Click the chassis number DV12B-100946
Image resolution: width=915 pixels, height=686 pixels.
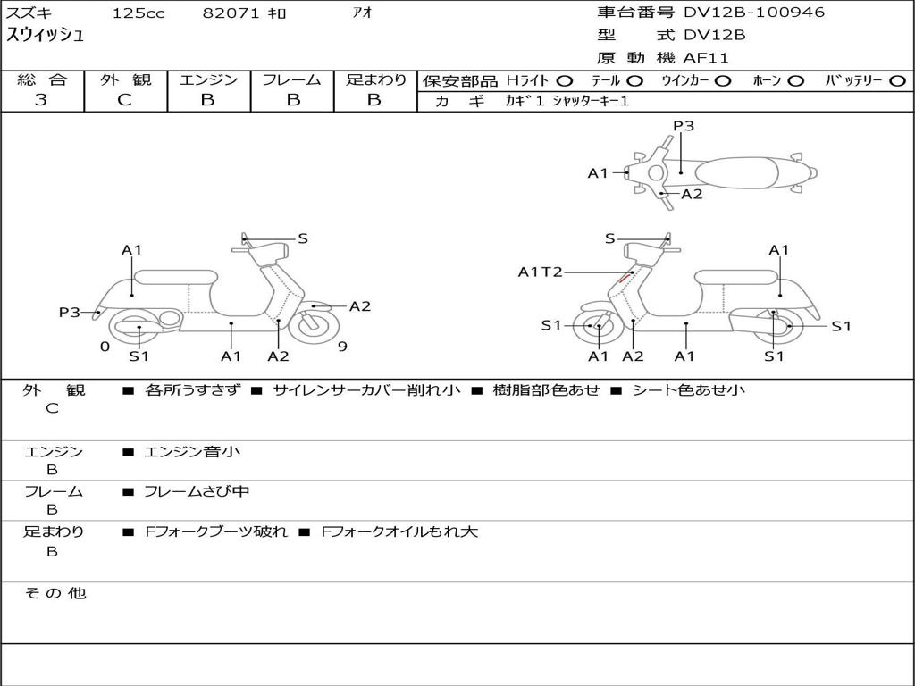coord(754,12)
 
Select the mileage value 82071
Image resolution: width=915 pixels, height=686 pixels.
coord(231,13)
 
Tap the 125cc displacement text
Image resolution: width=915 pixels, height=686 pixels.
coord(139,13)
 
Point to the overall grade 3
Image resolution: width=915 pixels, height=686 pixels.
coord(41,100)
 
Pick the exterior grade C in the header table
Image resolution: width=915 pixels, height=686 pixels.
coord(124,100)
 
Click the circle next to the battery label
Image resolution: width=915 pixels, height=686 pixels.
coord(897,81)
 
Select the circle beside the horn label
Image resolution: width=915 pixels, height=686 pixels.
coord(795,81)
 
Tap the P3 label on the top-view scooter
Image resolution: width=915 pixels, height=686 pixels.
coord(684,125)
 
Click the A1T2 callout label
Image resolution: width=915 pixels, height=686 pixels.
coord(541,272)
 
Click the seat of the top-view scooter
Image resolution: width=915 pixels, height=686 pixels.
coord(736,173)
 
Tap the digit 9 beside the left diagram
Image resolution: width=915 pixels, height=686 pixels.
coord(342,347)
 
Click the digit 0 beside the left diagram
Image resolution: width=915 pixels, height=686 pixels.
coord(105,347)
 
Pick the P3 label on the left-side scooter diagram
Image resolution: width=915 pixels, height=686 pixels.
coord(70,312)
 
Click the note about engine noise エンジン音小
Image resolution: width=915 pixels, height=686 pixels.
coord(192,451)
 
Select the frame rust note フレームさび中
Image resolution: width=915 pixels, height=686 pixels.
coord(197,491)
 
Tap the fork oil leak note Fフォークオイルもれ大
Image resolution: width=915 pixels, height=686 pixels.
coord(399,531)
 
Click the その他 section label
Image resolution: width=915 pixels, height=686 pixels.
coord(55,593)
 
